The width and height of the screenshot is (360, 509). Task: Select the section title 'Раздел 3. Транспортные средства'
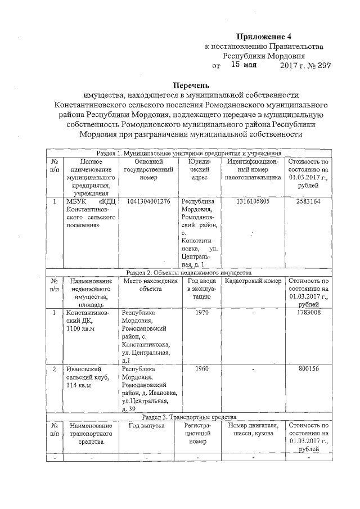point(189,417)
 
